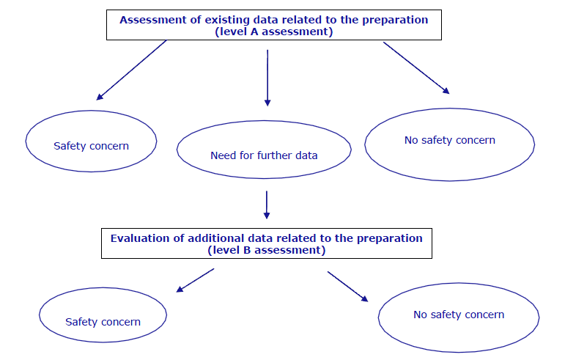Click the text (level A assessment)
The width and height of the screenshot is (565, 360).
(274, 32)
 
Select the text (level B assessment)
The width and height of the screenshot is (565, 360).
(267, 250)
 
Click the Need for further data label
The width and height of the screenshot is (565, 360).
(264, 155)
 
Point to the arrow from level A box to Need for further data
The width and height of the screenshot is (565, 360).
(267, 78)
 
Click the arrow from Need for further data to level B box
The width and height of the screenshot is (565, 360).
(267, 205)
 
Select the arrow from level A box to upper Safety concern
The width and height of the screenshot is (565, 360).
(131, 70)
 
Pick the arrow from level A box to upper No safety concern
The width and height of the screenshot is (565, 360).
(416, 67)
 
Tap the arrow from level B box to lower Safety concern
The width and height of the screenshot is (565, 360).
(195, 280)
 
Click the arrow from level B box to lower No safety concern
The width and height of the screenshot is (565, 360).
(347, 287)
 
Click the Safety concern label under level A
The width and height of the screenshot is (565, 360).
(91, 146)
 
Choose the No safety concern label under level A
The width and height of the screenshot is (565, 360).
(450, 140)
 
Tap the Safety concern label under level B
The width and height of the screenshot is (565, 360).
(103, 322)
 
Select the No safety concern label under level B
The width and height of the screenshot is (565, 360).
(459, 315)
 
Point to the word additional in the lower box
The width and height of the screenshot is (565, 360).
(213, 238)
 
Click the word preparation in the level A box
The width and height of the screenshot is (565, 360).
(395, 21)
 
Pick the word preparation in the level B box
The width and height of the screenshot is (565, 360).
(390, 238)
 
